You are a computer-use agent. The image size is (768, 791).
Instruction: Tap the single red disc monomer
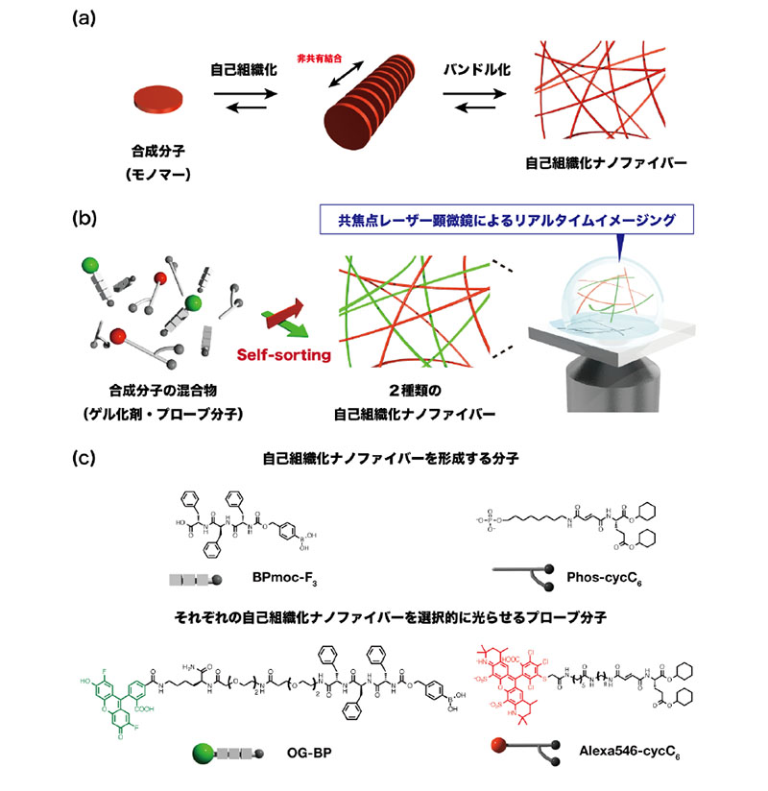[154, 98]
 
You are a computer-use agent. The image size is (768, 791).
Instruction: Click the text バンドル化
[476, 69]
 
